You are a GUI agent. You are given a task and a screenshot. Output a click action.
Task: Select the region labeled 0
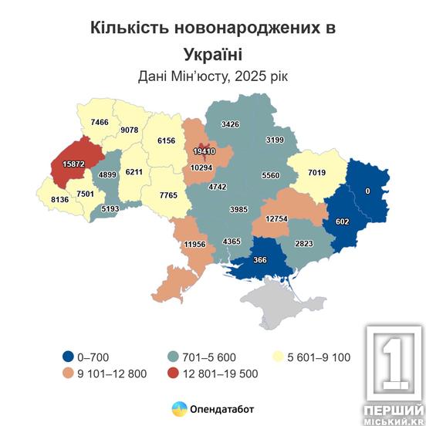click(368, 190)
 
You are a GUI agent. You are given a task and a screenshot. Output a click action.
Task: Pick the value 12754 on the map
click(277, 219)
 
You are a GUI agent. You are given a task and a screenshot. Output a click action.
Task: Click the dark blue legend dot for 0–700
click(70, 357)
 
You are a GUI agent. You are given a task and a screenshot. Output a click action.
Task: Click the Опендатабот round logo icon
click(177, 407)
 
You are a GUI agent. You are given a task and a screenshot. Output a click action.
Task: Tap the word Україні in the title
click(213, 53)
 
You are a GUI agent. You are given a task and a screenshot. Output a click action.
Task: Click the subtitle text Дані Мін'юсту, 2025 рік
click(213, 76)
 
